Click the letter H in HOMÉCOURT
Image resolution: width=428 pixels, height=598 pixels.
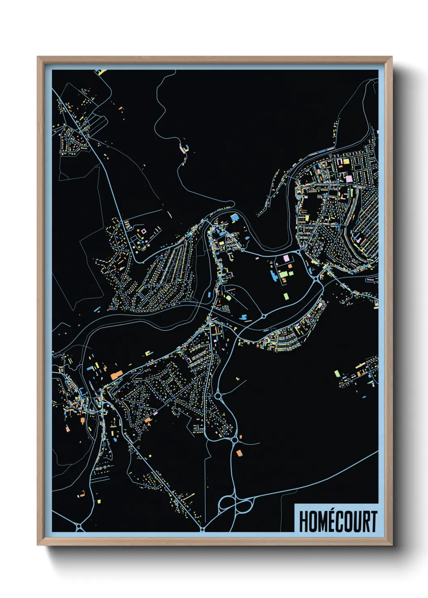(x=304, y=522)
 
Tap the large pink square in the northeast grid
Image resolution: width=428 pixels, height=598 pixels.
(x=349, y=178)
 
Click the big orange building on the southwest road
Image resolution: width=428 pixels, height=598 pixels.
(x=117, y=375)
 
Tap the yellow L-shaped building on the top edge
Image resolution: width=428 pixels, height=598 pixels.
(x=101, y=72)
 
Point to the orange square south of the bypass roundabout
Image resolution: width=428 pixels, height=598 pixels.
(x=239, y=453)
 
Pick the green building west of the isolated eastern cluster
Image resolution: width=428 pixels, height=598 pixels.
(x=337, y=373)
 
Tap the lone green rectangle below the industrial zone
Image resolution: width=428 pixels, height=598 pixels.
(x=286, y=296)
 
